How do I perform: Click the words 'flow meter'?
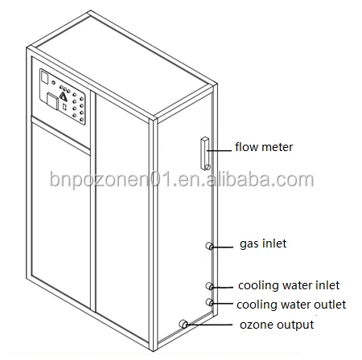[x=264, y=147]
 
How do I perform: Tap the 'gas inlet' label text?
[x=263, y=243]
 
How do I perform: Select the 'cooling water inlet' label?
[x=289, y=285]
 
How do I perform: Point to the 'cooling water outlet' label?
[x=291, y=305]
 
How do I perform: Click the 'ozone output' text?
[x=277, y=325]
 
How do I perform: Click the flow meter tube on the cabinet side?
[x=205, y=153]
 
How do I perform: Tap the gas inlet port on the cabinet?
[x=209, y=246]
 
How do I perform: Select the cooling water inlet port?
[x=209, y=286]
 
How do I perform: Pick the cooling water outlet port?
[x=209, y=302]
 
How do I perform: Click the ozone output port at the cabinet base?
[x=183, y=324]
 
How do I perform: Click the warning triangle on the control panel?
[x=64, y=96]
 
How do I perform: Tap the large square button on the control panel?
[x=52, y=101]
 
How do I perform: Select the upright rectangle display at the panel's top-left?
[x=44, y=78]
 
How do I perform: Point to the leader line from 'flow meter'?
[x=219, y=151]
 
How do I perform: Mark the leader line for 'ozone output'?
[x=209, y=325]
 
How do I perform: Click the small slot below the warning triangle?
[x=64, y=107]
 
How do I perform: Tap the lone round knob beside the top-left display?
[x=53, y=83]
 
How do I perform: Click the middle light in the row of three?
[x=65, y=89]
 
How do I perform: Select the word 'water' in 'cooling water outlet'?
[x=294, y=305]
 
